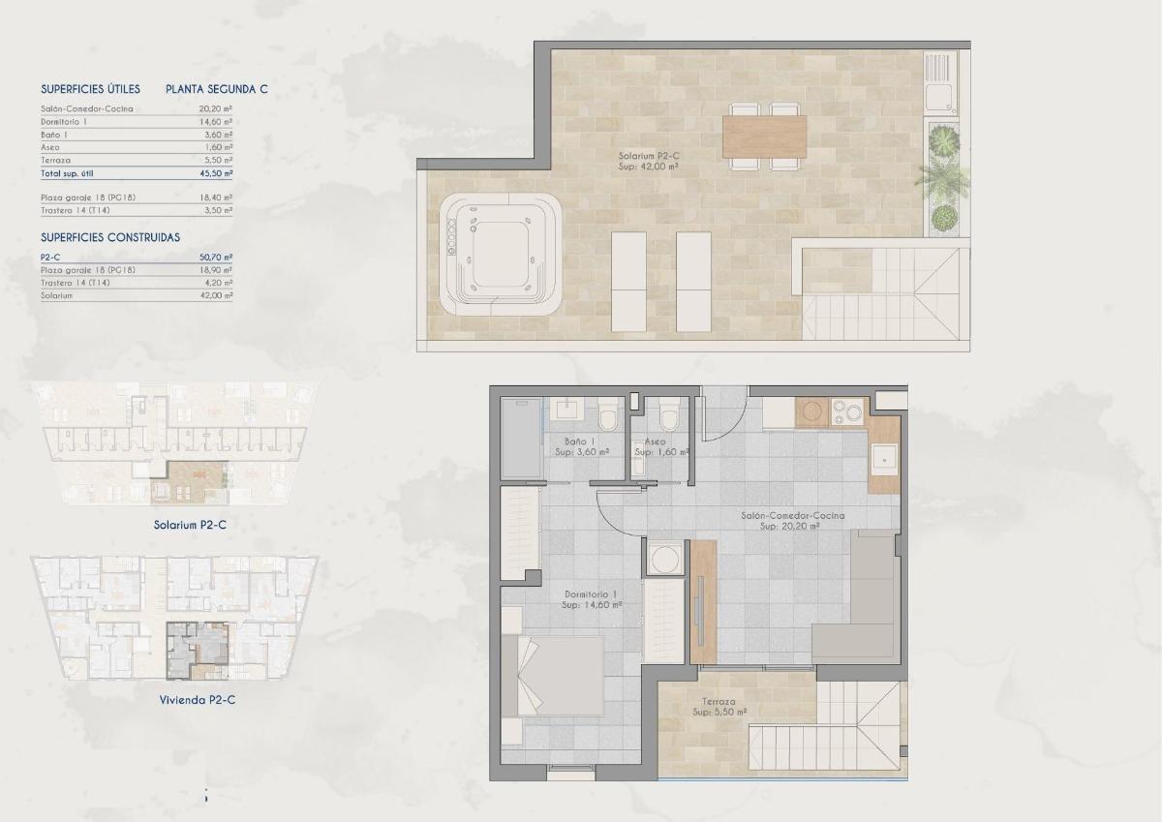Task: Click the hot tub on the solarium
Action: (501, 254)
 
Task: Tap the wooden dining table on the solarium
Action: (764, 137)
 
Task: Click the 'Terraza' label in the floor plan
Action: (719, 702)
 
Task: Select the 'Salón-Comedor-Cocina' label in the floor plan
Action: (792, 516)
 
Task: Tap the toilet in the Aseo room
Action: (665, 416)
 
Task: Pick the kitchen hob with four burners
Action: (846, 411)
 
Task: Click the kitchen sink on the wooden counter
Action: (883, 455)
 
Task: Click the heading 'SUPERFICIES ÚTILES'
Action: (90, 89)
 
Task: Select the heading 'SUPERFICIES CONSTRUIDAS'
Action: (109, 237)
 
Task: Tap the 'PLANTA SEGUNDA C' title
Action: (217, 89)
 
